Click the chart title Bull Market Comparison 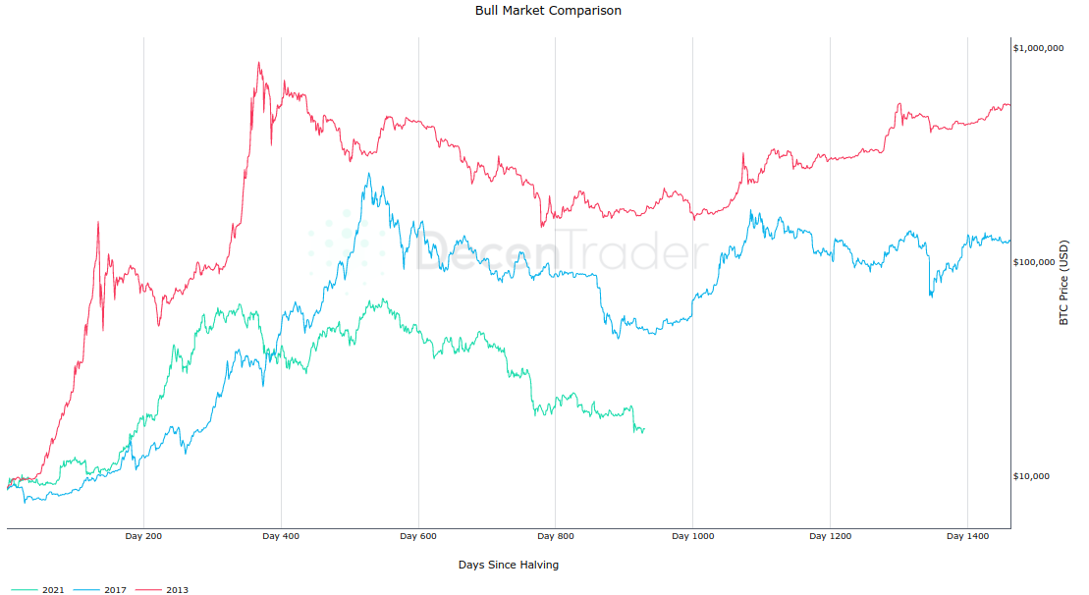pos(548,11)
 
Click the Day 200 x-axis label pos(143,536)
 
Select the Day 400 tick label pos(281,536)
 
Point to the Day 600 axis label pos(418,536)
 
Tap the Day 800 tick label pos(556,536)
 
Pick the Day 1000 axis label pos(692,536)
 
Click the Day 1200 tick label pos(830,536)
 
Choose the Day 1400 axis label pos(967,536)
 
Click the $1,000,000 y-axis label pos(1038,48)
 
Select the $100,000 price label pos(1040,262)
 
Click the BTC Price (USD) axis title pos(1063,282)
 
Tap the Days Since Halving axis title pos(509,565)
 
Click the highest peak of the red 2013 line pos(259,63)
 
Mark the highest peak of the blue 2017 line pos(368,174)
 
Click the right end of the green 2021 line pos(644,429)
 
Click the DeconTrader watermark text pos(560,253)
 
